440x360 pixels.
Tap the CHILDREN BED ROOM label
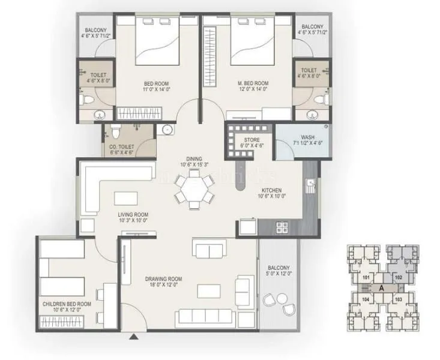(67, 304)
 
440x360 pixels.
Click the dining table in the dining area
(193, 191)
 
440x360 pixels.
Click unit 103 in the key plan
(397, 298)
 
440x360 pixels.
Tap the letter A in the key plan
(382, 288)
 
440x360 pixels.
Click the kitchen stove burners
(281, 227)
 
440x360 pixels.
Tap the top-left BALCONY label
(95, 28)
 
